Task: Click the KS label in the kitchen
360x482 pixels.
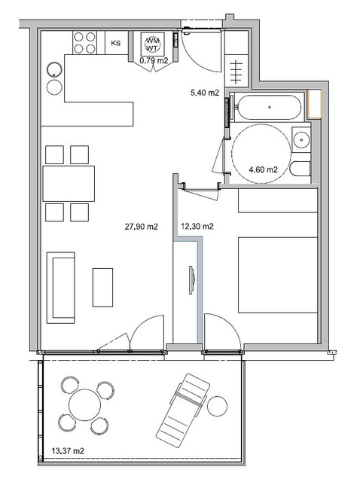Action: [115, 43]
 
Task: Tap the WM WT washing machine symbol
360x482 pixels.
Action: [152, 44]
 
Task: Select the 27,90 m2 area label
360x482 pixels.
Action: [141, 227]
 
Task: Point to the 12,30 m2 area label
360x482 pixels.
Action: [197, 227]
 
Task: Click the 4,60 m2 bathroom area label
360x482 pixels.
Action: [263, 169]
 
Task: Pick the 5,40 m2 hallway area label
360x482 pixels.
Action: [205, 93]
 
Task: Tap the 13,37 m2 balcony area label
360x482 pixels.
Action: [68, 451]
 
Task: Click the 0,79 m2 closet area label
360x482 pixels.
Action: [154, 60]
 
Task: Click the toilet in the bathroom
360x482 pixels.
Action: [301, 169]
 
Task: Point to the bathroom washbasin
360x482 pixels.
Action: [301, 140]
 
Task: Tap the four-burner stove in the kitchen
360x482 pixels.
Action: [84, 43]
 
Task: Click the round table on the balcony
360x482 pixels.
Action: [84, 405]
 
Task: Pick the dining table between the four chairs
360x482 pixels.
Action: [69, 184]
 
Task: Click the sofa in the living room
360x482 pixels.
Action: [60, 288]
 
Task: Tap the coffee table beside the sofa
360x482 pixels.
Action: [102, 288]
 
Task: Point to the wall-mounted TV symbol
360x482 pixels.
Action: [192, 279]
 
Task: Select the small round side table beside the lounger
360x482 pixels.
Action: [218, 407]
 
